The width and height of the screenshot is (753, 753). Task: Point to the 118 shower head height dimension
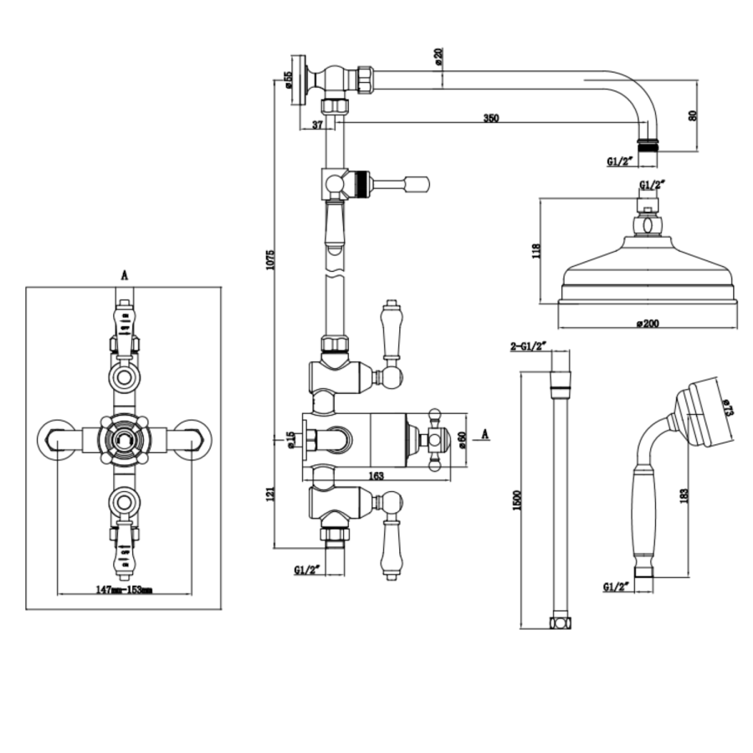pos(536,250)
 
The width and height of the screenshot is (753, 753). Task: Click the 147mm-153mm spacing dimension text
pos(124,590)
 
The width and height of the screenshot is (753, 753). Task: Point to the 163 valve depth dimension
pos(376,475)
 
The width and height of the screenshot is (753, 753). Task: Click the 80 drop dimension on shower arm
pos(691,115)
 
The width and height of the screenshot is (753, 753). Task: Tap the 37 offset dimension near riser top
pos(317,125)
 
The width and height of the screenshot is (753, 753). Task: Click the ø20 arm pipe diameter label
pos(438,58)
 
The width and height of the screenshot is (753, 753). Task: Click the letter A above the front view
pos(124,274)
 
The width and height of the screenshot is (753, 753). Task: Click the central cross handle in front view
pos(124,436)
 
